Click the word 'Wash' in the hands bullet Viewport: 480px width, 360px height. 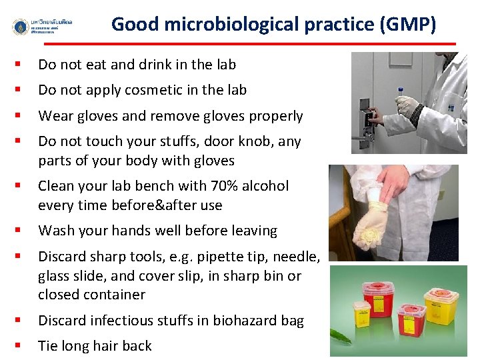[x=55, y=231]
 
